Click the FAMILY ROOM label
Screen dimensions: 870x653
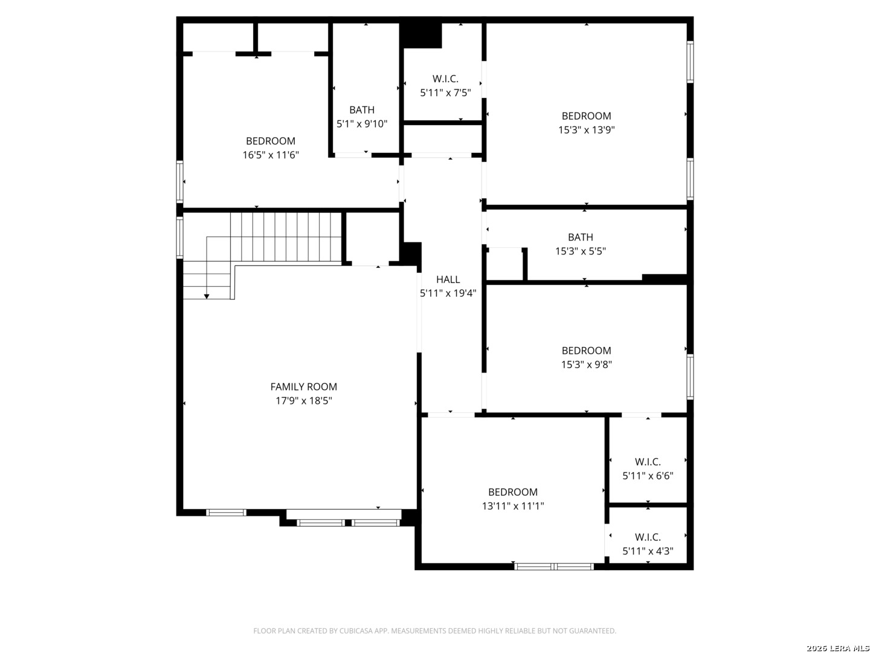click(303, 386)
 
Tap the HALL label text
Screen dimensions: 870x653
click(448, 279)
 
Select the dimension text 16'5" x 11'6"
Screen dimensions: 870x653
click(270, 155)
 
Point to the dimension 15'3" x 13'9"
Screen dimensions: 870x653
click(586, 129)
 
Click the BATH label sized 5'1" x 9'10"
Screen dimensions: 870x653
click(361, 110)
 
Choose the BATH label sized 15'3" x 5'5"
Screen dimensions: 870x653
click(580, 237)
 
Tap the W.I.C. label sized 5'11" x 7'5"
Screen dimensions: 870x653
click(445, 79)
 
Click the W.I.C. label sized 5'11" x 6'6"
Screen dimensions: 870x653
click(648, 462)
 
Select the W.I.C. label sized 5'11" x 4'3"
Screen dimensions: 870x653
click(648, 538)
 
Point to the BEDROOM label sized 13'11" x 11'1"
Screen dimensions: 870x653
click(512, 492)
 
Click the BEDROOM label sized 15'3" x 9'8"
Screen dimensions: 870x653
click(586, 351)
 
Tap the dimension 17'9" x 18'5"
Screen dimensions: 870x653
click(304, 400)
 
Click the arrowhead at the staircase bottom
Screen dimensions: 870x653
click(207, 296)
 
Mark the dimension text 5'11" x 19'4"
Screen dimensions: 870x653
click(448, 293)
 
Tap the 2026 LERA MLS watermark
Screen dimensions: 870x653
click(837, 648)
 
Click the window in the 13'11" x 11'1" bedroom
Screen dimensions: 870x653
click(553, 567)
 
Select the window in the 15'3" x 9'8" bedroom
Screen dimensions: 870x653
click(690, 377)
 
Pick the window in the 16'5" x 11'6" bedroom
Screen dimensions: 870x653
click(179, 182)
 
